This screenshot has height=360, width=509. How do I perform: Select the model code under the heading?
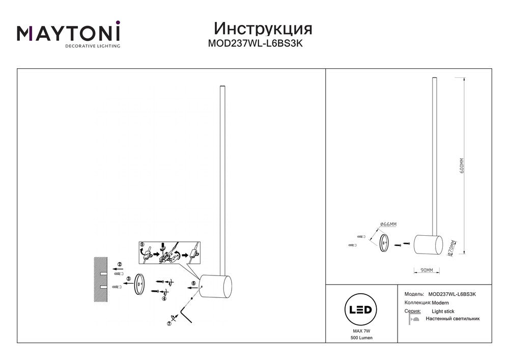point(256,44)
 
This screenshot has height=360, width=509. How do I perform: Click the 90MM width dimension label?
point(427,270)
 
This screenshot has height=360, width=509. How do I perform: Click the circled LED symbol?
point(360,309)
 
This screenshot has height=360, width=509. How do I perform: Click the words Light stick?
point(443,311)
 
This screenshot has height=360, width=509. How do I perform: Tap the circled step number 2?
point(119,264)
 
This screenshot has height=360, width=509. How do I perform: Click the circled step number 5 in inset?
point(142,245)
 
